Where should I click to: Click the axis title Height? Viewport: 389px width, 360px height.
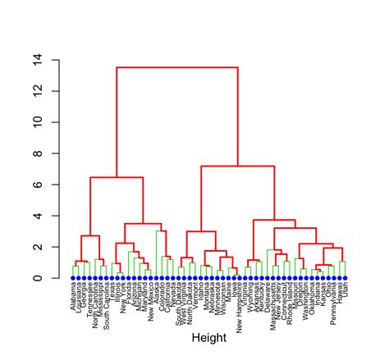(x=208, y=337)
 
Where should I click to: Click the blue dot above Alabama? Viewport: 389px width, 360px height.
(x=72, y=278)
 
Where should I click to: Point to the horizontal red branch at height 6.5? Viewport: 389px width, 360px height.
(x=117, y=177)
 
